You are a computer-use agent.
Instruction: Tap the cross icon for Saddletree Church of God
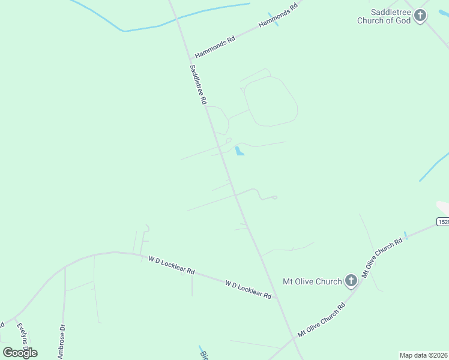(420, 16)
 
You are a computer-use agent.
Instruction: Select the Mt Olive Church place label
(312, 280)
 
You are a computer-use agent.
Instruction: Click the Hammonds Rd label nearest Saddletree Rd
(215, 46)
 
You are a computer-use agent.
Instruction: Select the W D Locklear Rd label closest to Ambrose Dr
(172, 265)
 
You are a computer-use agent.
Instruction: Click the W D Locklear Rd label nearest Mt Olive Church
(248, 289)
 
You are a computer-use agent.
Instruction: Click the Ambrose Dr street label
(62, 341)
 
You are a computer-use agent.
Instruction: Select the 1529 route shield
(443, 221)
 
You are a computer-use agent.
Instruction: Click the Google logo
(20, 352)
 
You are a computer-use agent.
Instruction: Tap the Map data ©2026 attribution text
(423, 355)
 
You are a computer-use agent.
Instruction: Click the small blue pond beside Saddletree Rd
(240, 151)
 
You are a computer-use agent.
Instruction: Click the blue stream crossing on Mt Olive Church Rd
(405, 235)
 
